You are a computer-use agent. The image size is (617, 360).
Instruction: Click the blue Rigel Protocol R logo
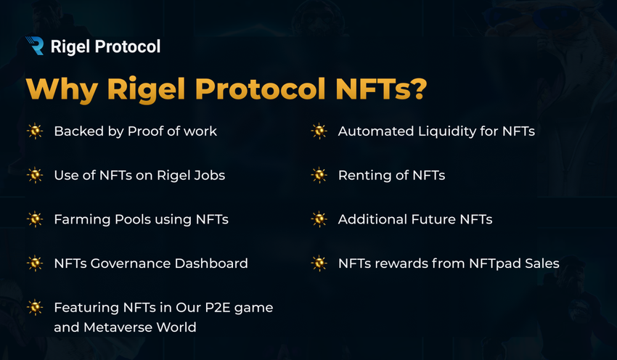coord(35,46)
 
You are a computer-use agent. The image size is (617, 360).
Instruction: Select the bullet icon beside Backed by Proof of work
coord(35,131)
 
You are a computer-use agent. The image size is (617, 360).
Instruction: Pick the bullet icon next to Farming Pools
coord(35,219)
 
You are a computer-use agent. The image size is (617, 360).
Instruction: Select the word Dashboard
coord(211,263)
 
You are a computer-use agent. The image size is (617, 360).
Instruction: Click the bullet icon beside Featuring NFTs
coord(35,307)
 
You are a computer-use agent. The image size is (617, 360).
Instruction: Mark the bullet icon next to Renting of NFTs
coord(319,175)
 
